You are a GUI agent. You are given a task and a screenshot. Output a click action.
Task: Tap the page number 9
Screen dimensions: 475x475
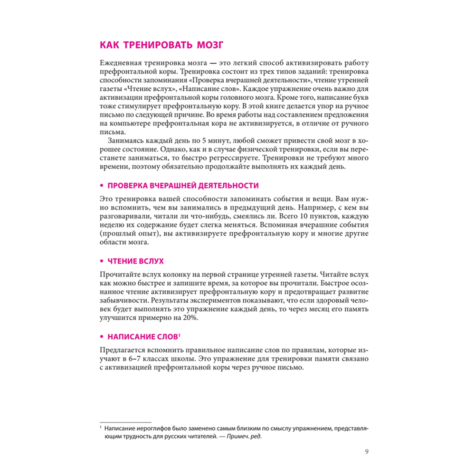point(366,451)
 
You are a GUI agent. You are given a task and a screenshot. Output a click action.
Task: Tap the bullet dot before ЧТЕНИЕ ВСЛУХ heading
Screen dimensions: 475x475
point(102,261)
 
